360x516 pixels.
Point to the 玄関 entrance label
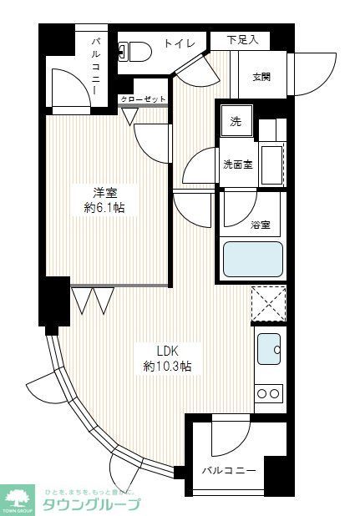point(261,78)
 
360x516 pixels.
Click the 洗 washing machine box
point(236,122)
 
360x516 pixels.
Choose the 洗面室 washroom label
point(237,164)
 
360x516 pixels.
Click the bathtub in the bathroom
point(252,258)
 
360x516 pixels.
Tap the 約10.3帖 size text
point(168,366)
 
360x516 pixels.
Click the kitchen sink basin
point(268,348)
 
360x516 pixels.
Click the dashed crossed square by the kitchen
point(268,303)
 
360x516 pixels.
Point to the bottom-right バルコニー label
point(228,469)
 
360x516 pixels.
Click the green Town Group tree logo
point(18,498)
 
